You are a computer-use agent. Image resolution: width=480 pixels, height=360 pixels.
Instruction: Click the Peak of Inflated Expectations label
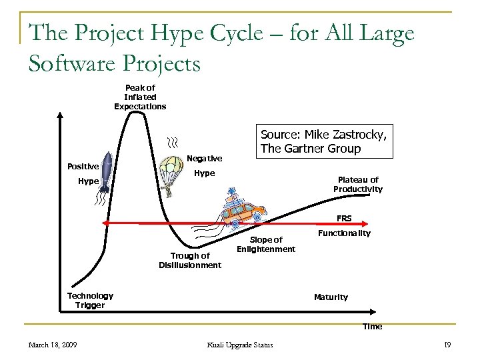click(x=140, y=97)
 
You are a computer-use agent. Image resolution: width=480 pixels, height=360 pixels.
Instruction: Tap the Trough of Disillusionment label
click(x=190, y=260)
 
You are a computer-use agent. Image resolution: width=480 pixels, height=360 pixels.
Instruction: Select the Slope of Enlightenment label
click(x=265, y=244)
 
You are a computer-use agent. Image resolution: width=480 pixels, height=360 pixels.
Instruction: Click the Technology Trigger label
click(x=90, y=301)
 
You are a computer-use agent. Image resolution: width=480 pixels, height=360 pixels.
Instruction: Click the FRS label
click(x=344, y=218)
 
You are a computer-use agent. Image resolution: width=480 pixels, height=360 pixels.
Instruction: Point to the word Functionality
click(x=344, y=233)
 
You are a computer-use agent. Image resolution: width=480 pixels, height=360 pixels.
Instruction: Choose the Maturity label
click(x=331, y=297)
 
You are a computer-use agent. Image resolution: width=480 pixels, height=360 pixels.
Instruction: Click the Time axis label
click(x=372, y=327)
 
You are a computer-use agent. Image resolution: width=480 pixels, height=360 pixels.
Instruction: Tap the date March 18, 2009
click(x=53, y=344)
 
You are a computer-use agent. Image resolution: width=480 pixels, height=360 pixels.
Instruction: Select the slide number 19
click(x=447, y=344)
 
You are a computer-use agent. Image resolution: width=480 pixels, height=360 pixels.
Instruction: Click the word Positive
click(x=83, y=166)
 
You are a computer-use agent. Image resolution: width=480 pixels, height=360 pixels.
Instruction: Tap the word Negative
click(x=205, y=159)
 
